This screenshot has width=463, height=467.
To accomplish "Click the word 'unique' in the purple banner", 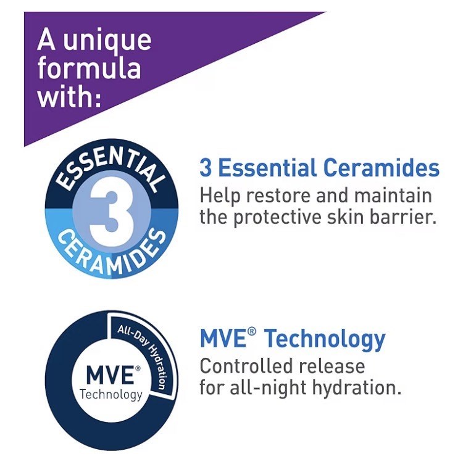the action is tap(107, 42).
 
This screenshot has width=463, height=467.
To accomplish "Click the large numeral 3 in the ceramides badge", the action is tap(112, 213).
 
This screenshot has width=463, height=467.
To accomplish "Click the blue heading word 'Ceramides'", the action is tap(381, 168).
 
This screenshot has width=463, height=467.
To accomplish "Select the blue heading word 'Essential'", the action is tap(267, 168).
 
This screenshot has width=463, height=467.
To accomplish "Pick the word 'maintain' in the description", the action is tap(393, 196).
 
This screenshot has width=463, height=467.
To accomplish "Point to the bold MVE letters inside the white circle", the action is tap(110, 375).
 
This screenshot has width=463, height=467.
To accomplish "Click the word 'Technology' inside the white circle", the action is tap(111, 395).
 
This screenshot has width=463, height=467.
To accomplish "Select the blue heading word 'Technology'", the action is tap(325, 339).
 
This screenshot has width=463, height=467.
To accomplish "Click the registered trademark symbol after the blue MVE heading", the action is tap(252, 332).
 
